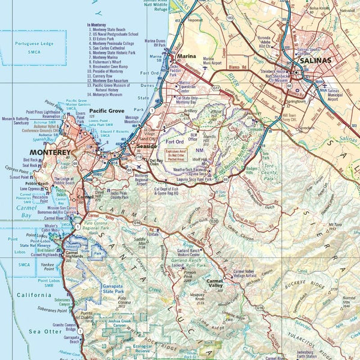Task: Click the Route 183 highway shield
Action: pos(230,19)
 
